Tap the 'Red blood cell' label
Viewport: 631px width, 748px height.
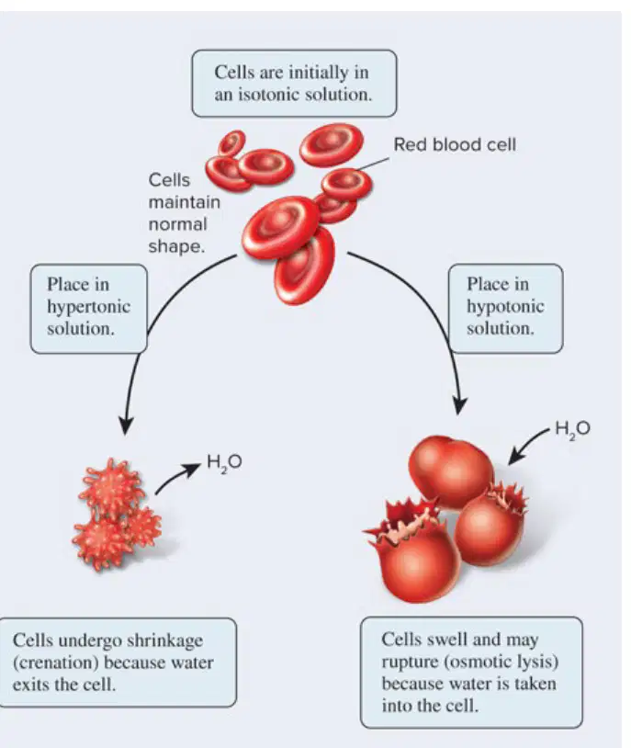455,144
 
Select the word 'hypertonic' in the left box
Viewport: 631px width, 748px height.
88,307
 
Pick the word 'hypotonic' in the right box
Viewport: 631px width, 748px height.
505,306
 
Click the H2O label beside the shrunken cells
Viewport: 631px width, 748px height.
224,463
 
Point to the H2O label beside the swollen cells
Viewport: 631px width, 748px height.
572,429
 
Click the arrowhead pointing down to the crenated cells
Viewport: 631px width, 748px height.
126,425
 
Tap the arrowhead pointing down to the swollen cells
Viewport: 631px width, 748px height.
459,405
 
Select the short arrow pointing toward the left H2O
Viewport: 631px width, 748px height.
177,478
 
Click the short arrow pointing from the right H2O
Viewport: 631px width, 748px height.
528,446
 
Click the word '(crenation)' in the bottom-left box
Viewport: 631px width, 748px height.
55,663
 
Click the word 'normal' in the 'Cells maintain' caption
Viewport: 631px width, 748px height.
177,224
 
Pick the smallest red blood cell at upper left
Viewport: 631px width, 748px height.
231,142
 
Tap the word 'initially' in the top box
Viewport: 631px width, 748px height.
318,73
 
